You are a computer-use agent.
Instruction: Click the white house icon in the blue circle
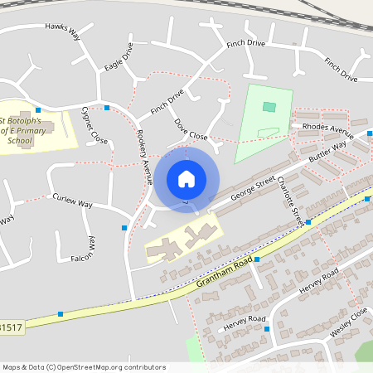point(186,179)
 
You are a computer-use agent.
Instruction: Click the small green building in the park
point(269,106)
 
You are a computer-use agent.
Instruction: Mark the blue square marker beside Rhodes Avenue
point(370,133)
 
